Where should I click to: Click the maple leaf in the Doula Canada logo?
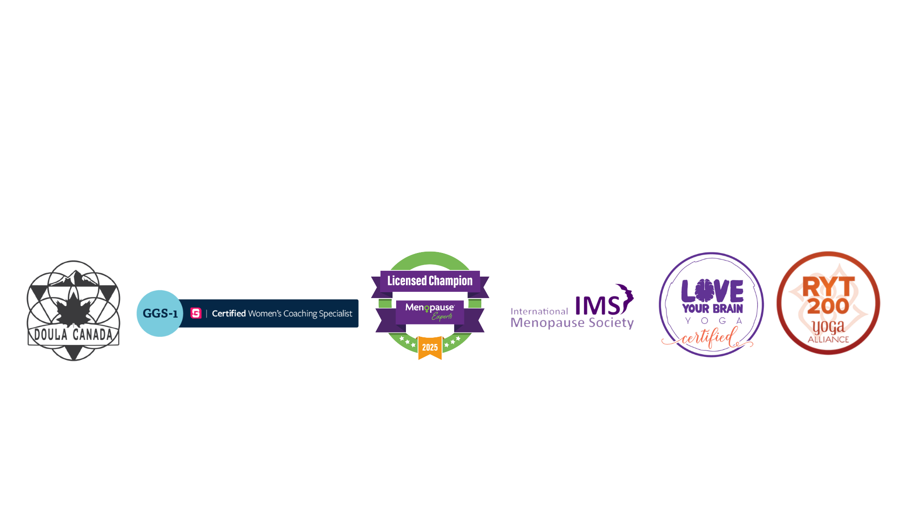click(x=74, y=307)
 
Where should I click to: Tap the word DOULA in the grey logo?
click(x=51, y=334)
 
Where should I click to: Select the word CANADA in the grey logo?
click(x=93, y=334)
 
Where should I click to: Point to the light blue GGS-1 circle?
click(x=160, y=313)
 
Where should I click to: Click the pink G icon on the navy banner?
click(x=196, y=313)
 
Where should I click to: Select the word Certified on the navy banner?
click(x=229, y=314)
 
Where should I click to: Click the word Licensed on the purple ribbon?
click(x=407, y=281)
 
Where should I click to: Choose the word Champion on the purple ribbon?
click(x=451, y=281)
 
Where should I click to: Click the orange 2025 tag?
click(x=430, y=348)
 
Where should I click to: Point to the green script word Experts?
click(x=442, y=316)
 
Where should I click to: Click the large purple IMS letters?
click(x=598, y=306)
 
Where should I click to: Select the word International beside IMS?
click(x=539, y=311)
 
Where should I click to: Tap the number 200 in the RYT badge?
click(x=828, y=307)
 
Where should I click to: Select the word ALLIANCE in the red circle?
click(x=828, y=340)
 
